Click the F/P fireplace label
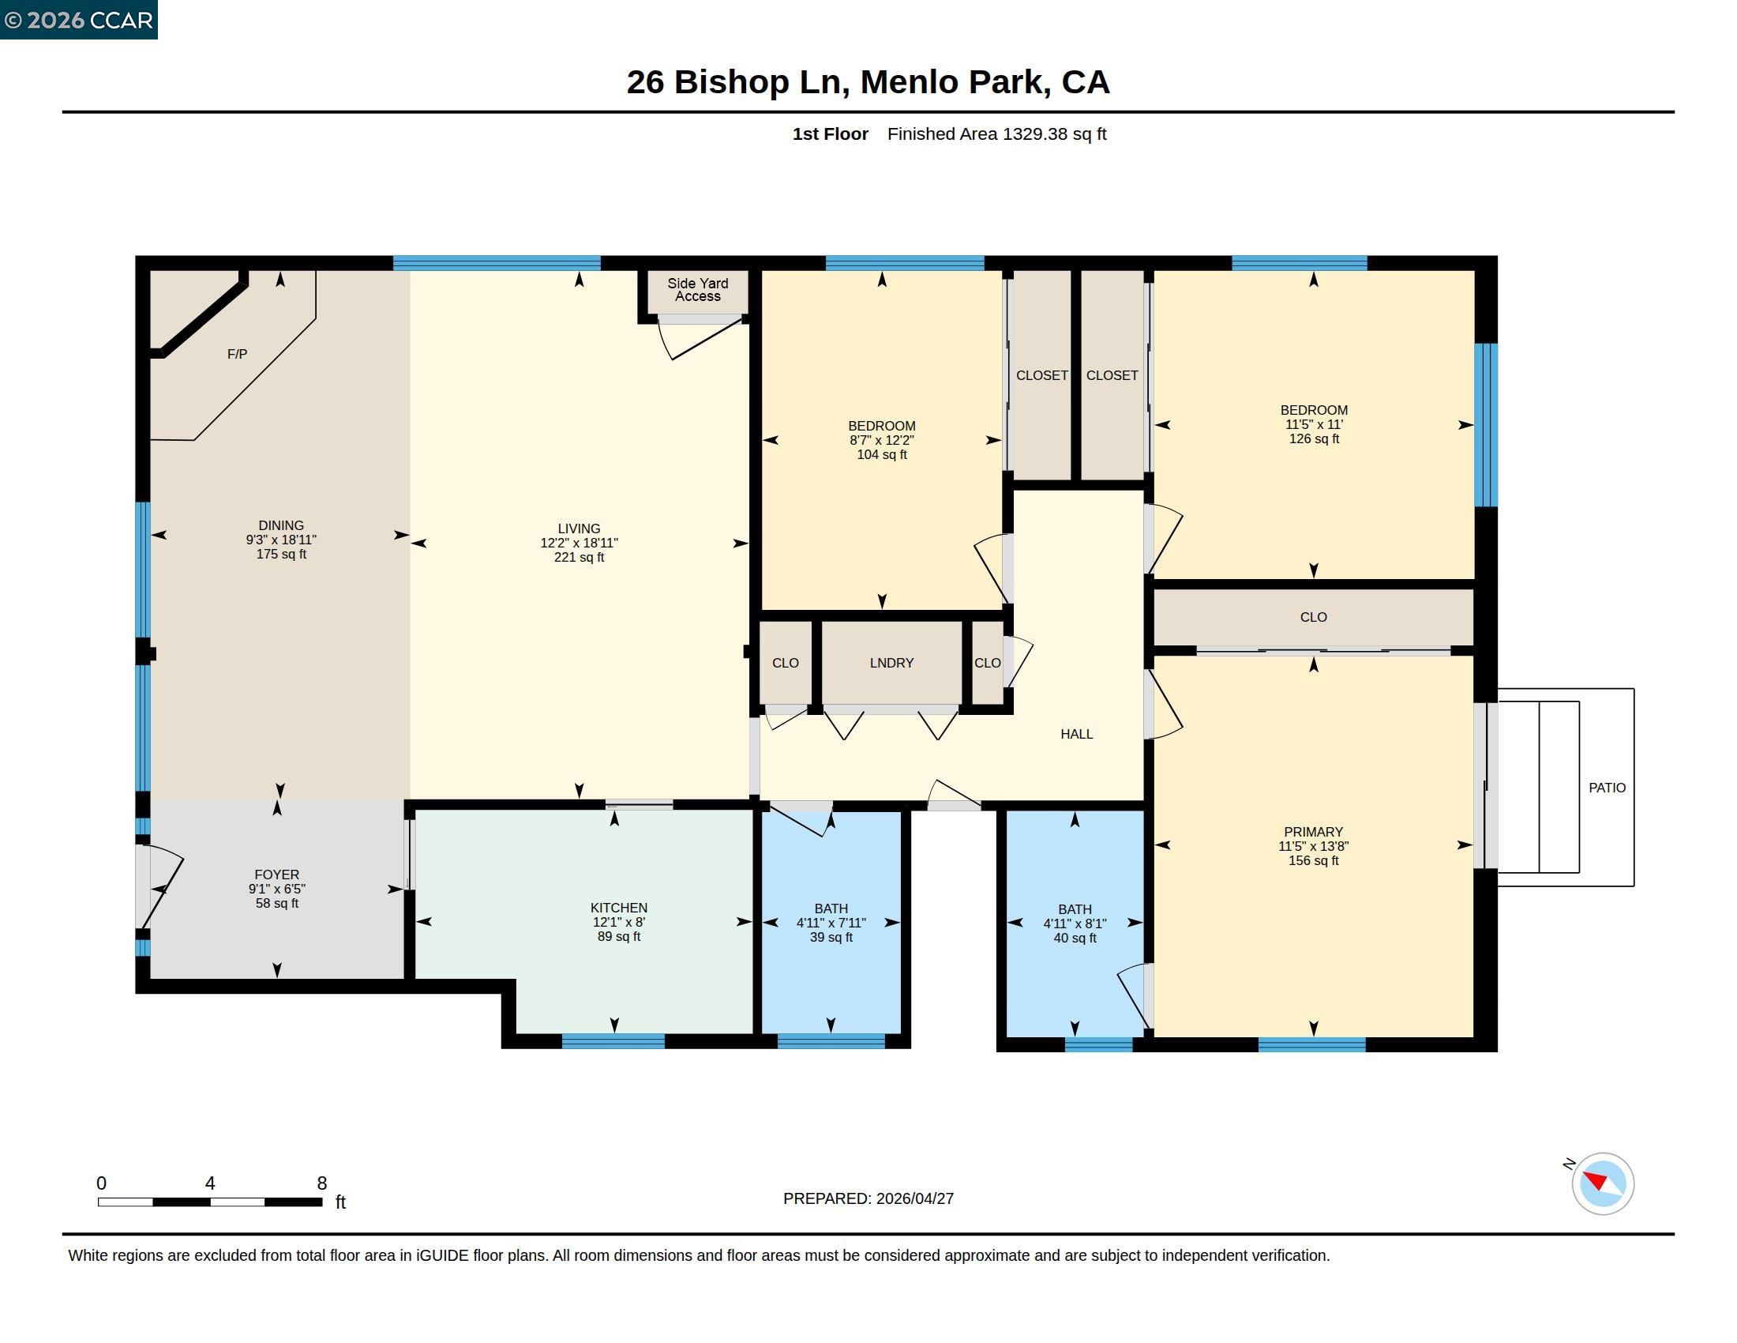pos(237,354)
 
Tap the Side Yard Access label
pos(697,290)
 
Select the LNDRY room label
pos(891,663)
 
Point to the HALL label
pos(1077,735)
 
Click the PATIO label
pos(1608,788)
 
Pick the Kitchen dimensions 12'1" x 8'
pos(619,922)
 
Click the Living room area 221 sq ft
pos(579,558)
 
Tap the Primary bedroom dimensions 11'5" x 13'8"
pos(1313,847)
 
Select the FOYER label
pos(277,875)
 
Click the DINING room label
pos(281,525)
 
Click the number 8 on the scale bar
pos(322,1183)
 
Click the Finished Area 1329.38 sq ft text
pos(996,134)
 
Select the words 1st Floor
pos(831,134)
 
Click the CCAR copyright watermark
pos(79,20)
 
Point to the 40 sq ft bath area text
pos(1075,938)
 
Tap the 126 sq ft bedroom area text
pos(1314,439)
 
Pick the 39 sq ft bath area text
pos(831,937)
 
